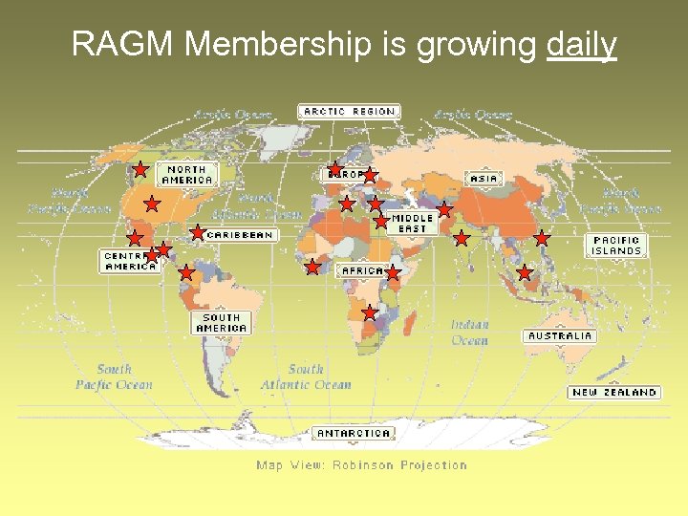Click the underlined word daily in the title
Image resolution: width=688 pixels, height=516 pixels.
[582, 44]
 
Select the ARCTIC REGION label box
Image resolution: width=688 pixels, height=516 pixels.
[349, 112]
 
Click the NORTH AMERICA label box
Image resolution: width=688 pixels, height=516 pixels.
[187, 174]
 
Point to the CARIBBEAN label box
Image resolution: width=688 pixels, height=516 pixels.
[240, 234]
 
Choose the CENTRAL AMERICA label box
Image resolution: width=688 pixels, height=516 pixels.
[129, 261]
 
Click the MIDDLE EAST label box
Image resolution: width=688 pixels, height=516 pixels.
[413, 224]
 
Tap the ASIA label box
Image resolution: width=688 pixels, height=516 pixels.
[484, 179]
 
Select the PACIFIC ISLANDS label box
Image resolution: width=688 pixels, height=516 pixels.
[616, 246]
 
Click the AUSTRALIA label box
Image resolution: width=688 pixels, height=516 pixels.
[560, 336]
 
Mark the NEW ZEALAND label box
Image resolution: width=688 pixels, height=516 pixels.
[614, 392]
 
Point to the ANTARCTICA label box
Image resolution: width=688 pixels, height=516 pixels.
[353, 433]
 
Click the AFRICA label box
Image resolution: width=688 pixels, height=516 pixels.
[363, 270]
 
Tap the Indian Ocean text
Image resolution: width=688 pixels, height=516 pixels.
[469, 333]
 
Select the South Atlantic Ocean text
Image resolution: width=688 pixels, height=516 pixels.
[306, 376]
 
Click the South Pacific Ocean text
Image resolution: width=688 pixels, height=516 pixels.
[114, 376]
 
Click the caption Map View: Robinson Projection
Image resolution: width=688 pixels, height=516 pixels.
[361, 465]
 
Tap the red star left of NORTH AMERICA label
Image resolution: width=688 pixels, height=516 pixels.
[140, 171]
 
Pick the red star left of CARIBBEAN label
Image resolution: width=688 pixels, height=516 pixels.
[197, 232]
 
